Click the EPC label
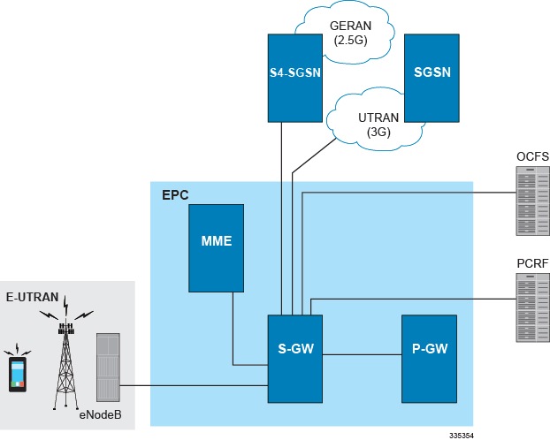(x=175, y=193)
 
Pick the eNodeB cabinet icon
(x=107, y=368)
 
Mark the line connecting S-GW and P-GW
(x=362, y=355)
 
